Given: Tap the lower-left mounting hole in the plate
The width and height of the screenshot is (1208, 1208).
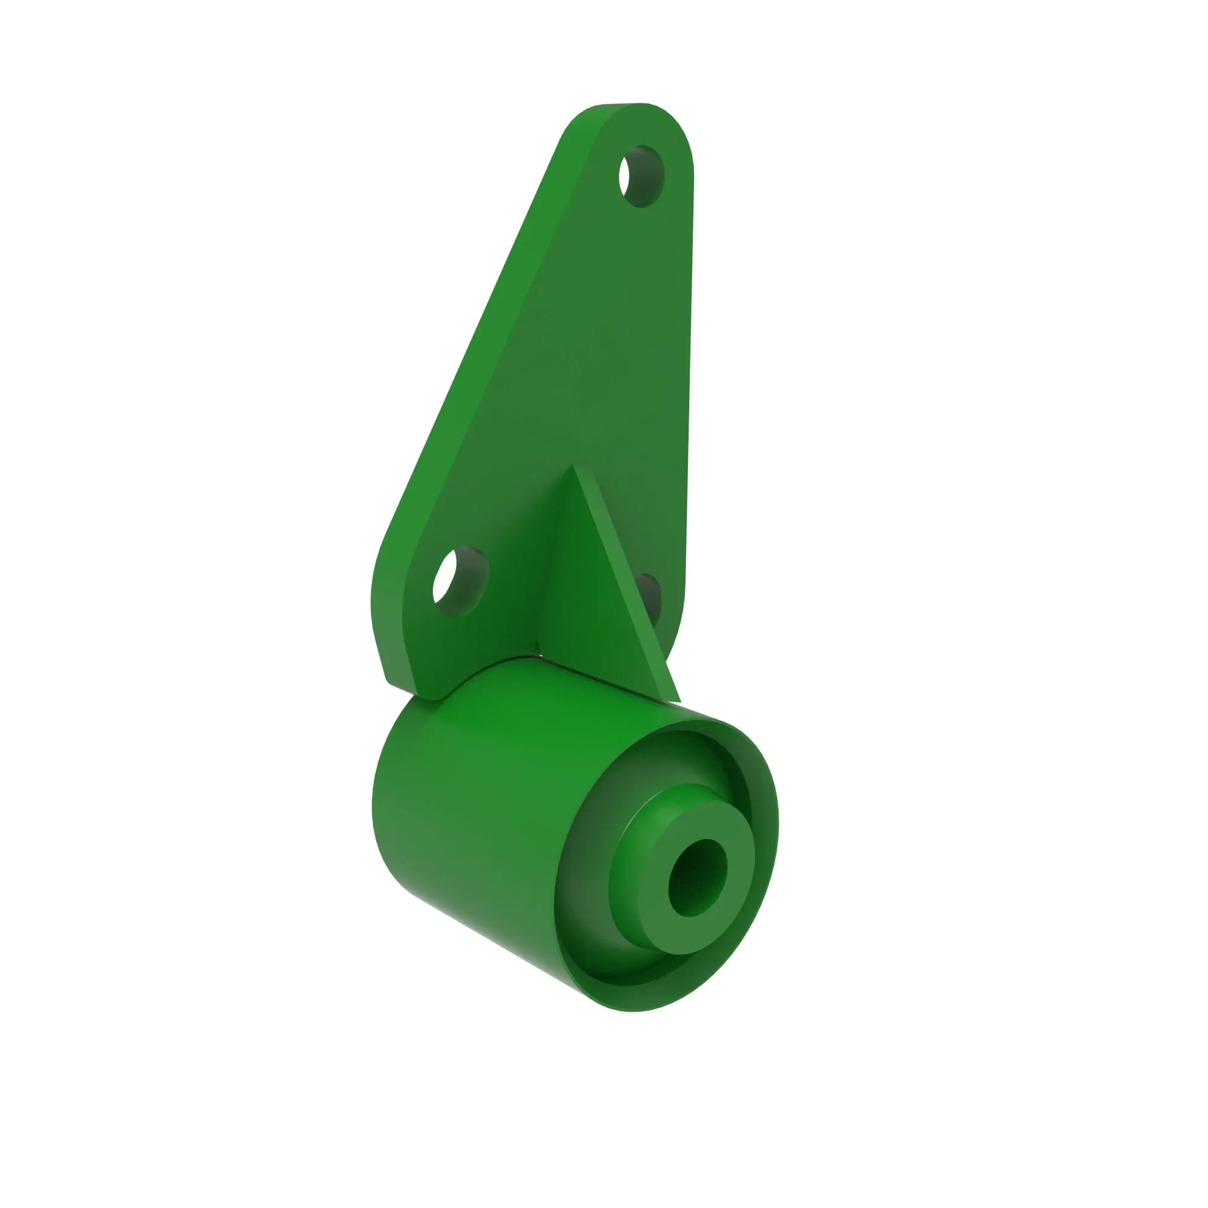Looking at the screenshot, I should [460, 582].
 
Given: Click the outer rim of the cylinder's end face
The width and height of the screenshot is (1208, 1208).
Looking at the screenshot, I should [760, 875].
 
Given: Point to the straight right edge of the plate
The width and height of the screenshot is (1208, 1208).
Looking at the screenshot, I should [689, 375].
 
